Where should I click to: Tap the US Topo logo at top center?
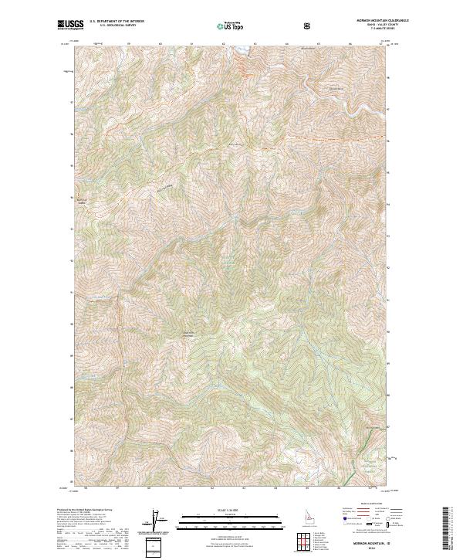(231, 25)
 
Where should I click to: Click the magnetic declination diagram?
(163, 521)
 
